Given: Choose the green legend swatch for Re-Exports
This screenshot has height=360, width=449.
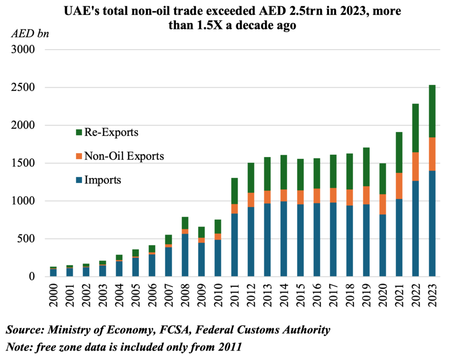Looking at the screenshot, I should pos(79,132).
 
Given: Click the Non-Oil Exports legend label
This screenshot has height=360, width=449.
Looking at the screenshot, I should pos(125,156).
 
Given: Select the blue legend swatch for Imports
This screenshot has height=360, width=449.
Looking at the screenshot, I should pos(79,180).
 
